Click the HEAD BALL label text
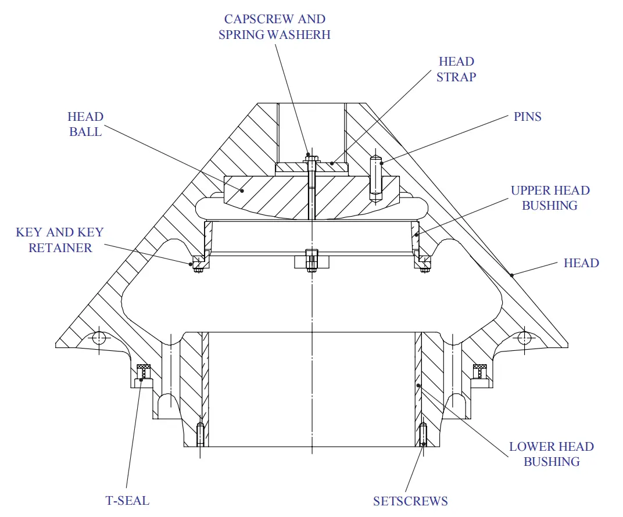pyautogui.click(x=85, y=124)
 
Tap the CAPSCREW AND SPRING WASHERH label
pyautogui.click(x=274, y=27)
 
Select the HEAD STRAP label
pyautogui.click(x=456, y=69)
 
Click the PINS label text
pyautogui.click(x=527, y=117)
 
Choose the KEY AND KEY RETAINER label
pyautogui.click(x=60, y=240)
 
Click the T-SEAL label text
pyautogui.click(x=127, y=500)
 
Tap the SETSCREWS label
pyautogui.click(x=410, y=501)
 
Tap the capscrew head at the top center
pyautogui.click(x=311, y=157)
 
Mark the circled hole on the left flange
pyautogui.click(x=99, y=338)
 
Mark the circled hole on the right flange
pyautogui.click(x=524, y=338)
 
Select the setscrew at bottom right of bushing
pyautogui.click(x=423, y=434)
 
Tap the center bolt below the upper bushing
pyautogui.click(x=311, y=260)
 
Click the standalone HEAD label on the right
pyautogui.click(x=581, y=263)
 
